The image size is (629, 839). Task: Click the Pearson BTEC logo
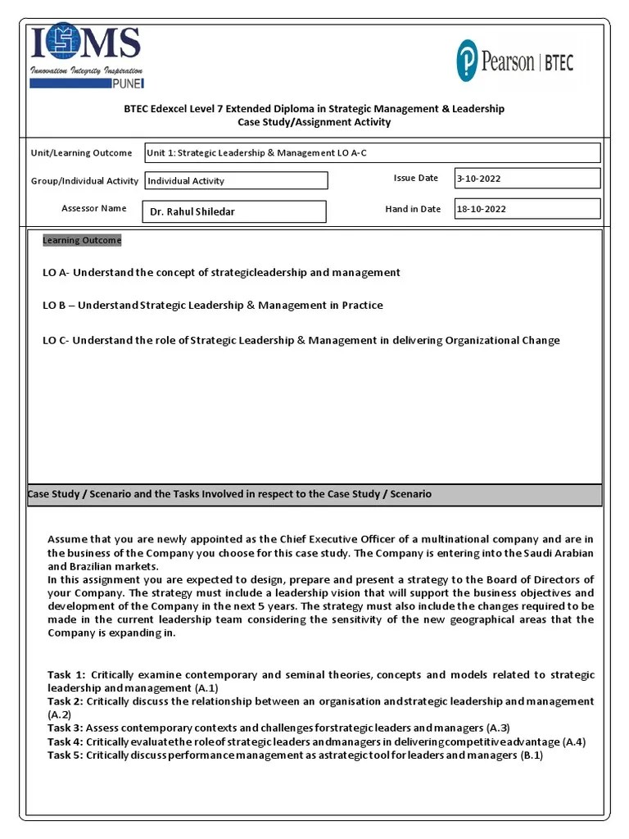514,62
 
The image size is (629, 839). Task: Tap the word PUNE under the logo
129,83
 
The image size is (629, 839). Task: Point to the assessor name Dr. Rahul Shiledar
192,211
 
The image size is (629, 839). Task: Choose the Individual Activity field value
186,181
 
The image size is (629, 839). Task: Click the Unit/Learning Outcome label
81,153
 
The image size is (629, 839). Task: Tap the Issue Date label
416,178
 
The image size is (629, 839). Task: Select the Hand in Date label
413,209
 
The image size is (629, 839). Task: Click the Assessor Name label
94,208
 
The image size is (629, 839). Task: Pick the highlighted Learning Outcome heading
82,240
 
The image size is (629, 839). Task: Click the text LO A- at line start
56,272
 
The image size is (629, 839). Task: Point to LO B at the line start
54,305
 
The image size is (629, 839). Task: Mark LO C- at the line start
56,340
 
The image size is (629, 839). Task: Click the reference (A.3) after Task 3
498,728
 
